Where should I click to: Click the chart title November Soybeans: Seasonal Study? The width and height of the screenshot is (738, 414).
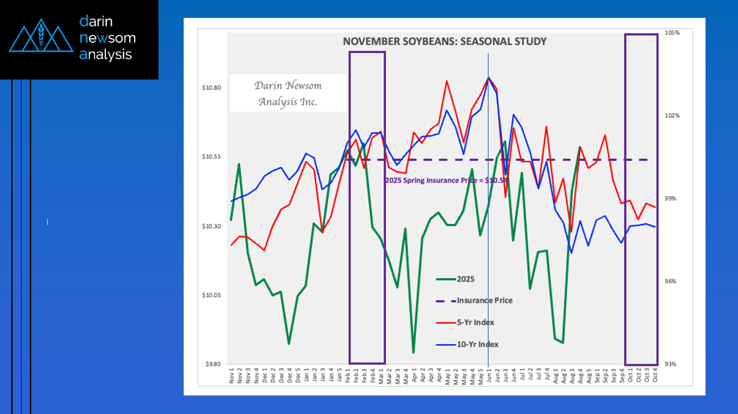tap(444, 42)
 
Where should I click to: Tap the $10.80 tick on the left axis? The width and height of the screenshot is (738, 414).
tap(212, 87)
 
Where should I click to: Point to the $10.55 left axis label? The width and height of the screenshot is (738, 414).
tap(212, 157)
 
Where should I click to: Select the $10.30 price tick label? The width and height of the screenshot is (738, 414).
tap(212, 226)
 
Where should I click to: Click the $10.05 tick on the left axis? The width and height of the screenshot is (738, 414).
tap(212, 295)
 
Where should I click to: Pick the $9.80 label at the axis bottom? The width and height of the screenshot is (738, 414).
tap(212, 364)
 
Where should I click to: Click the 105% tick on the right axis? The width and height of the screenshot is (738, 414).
tap(673, 32)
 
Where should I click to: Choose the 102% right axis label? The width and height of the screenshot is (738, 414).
tap(673, 115)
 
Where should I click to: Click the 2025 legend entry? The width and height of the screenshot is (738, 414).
tap(466, 280)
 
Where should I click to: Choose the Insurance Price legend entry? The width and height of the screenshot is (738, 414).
tap(485, 300)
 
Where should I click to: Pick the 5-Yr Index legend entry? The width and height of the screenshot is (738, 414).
tap(475, 323)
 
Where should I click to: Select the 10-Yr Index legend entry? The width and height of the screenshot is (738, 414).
tap(477, 344)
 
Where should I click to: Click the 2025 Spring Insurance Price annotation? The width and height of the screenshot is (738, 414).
tap(446, 180)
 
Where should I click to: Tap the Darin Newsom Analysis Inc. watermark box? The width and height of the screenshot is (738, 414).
tap(287, 93)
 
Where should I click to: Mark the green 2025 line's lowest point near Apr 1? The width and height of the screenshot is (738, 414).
tap(413, 352)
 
